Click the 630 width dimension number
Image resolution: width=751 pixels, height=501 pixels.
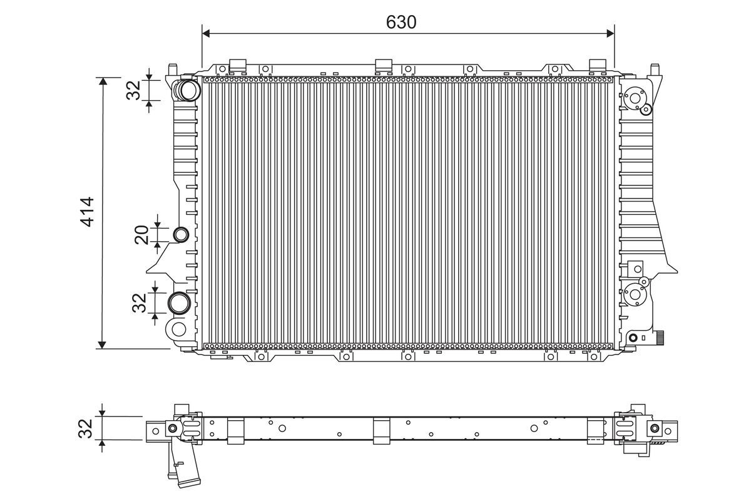(401, 22)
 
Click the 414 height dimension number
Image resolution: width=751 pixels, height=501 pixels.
(87, 212)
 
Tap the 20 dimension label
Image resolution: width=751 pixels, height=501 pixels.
(141, 235)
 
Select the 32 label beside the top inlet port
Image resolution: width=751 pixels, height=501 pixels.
(133, 90)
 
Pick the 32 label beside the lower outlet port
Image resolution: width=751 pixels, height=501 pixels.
(139, 303)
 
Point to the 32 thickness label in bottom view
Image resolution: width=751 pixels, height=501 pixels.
(85, 428)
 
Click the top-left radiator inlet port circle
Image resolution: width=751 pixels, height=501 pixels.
(188, 90)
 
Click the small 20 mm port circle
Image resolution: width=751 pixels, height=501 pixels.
(181, 235)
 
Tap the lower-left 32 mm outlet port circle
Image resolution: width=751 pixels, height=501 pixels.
(179, 303)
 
